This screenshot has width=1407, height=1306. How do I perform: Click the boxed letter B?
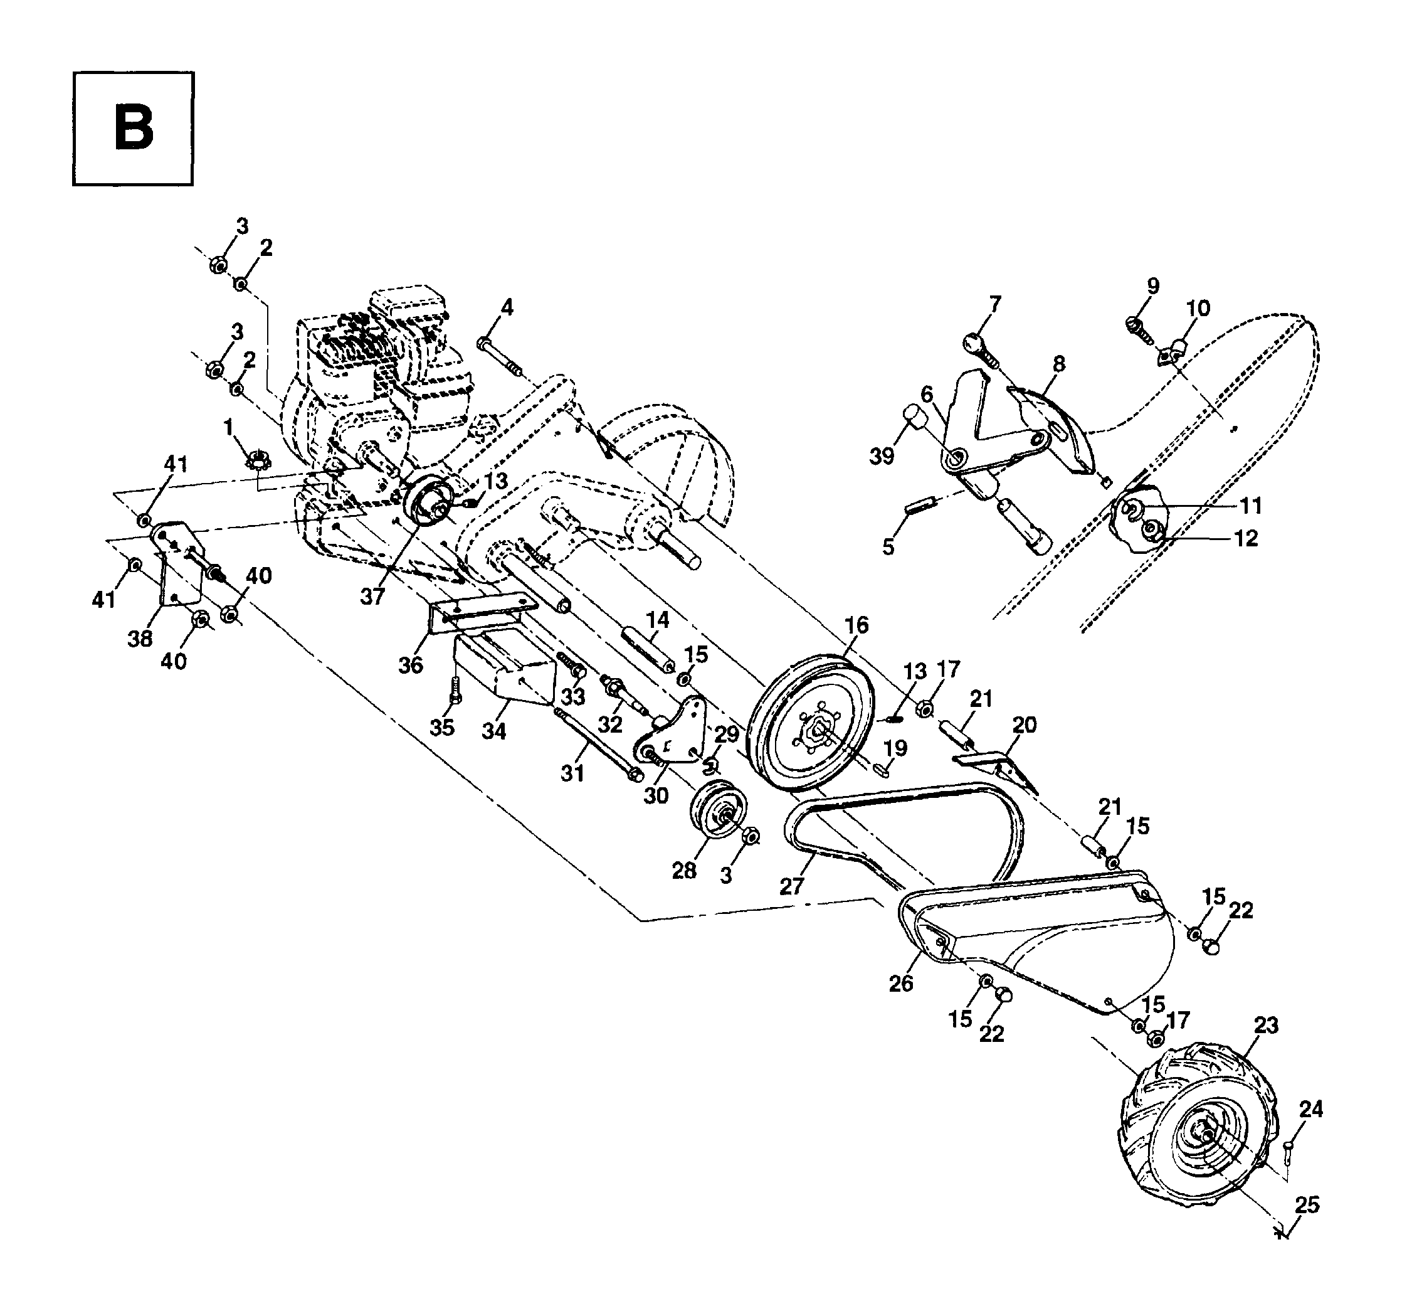point(133,129)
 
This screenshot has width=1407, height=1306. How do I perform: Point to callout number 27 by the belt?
point(792,886)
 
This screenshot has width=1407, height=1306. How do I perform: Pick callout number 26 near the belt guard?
point(901,983)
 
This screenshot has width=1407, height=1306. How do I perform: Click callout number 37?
point(372,597)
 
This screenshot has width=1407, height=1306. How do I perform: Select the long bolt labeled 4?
point(502,358)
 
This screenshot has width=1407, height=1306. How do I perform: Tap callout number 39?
point(882,457)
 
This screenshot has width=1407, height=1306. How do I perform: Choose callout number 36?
point(410,665)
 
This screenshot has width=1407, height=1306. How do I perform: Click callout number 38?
point(140,639)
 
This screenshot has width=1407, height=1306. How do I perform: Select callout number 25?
point(1307,1205)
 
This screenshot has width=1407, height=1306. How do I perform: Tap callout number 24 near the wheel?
point(1311,1110)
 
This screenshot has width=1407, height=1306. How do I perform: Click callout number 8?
point(1058,364)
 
